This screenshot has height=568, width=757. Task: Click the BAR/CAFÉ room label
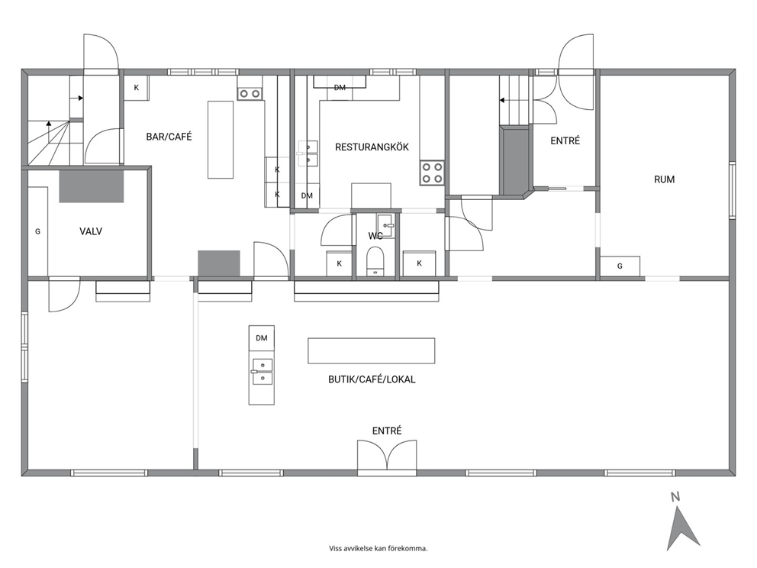[169, 137]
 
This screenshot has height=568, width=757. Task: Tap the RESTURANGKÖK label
[372, 147]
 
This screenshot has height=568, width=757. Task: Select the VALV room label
[91, 231]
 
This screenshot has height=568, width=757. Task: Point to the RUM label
[665, 179]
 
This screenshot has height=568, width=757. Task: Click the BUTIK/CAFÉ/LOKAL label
[372, 379]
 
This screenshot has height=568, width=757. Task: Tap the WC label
[375, 236]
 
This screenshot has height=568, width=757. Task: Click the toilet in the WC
[375, 261]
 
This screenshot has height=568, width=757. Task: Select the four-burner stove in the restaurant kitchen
[432, 173]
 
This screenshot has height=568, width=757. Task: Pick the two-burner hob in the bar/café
[250, 93]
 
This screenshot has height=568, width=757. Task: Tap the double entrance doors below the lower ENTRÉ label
[387, 454]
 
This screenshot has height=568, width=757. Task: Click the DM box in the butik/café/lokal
[262, 338]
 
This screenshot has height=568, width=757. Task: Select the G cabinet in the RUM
[620, 266]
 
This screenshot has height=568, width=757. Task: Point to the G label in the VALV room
[37, 232]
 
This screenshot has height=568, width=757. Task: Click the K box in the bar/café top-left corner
[137, 88]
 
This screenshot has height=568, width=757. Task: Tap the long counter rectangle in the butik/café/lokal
[372, 350]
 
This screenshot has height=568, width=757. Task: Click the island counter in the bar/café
[221, 140]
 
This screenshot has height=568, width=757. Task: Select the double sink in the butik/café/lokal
[262, 372]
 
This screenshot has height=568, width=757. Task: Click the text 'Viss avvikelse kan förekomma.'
[378, 548]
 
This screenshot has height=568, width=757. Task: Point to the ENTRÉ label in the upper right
[565, 140]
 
